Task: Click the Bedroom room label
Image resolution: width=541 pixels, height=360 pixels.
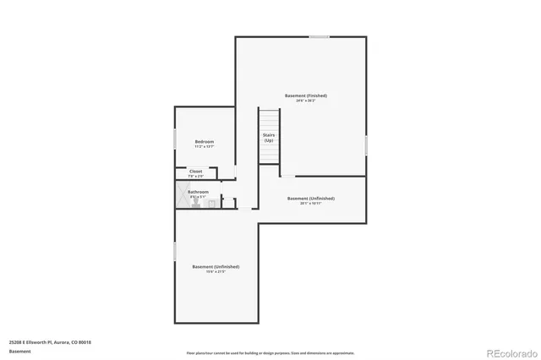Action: [204, 141]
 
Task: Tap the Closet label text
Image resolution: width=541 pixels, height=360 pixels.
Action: [195, 171]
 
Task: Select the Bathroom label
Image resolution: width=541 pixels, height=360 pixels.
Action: [198, 192]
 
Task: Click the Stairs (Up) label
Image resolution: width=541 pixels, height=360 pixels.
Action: [268, 137]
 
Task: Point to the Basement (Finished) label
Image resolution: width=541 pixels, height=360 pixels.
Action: [305, 95]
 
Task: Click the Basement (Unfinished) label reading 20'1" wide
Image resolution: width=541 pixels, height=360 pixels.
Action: [304, 199]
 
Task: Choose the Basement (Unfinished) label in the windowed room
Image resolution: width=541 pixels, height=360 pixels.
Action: [210, 266]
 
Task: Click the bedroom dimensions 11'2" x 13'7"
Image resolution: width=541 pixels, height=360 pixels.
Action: [204, 147]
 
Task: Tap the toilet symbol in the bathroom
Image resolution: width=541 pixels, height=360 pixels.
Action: [196, 204]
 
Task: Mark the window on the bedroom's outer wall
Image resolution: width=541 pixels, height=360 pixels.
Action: [175, 139]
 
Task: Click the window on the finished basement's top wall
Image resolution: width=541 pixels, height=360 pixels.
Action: [319, 36]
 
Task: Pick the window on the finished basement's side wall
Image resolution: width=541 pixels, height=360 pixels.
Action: [366, 145]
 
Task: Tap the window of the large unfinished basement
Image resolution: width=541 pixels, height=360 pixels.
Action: [175, 251]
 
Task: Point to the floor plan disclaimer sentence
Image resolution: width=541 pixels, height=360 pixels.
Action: [270, 352]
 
